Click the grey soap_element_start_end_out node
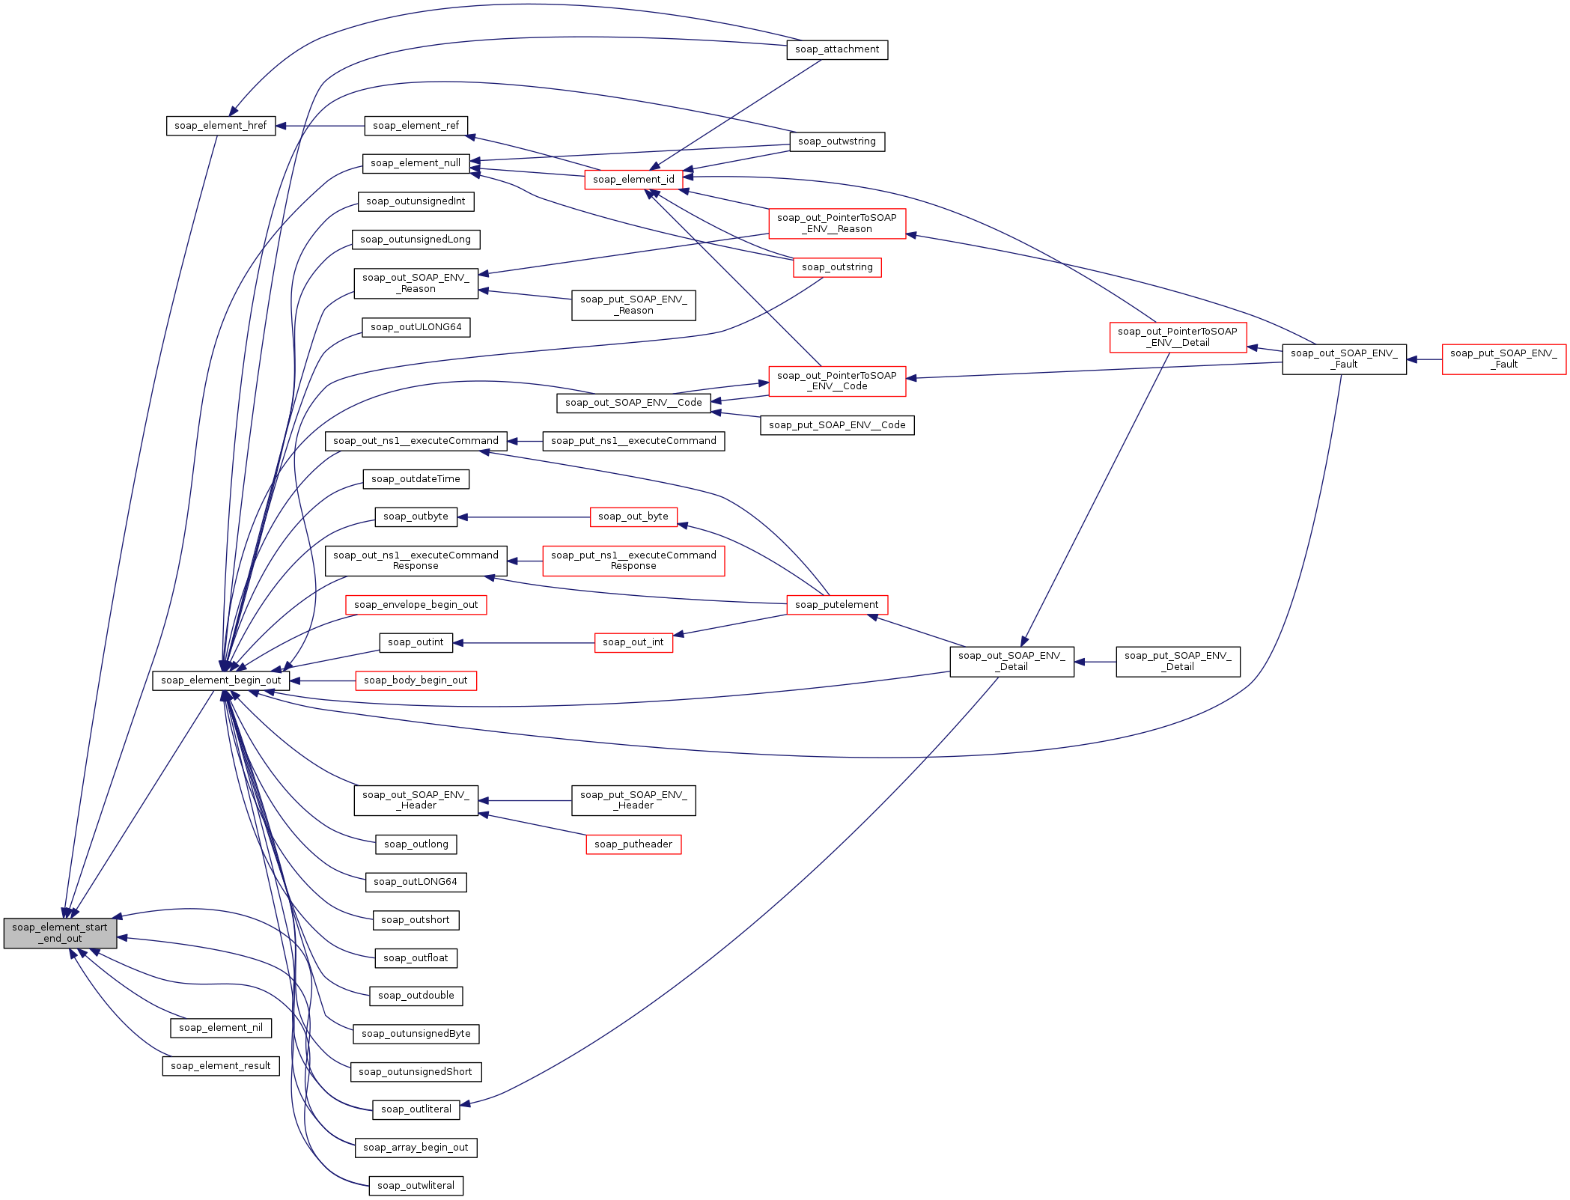pos(60,933)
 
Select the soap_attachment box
pos(837,49)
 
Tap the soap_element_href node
pos(221,126)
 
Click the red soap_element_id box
pos(633,180)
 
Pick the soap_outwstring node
pos(837,141)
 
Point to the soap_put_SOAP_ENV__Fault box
pos(1504,359)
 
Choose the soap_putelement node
pos(837,605)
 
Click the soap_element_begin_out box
pos(221,680)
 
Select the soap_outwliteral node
pos(416,1186)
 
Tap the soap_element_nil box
pos(221,1028)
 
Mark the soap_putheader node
pos(633,844)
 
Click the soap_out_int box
pos(633,642)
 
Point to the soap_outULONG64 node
pos(416,327)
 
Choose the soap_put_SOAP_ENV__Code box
pos(837,425)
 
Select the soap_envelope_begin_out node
pos(416,605)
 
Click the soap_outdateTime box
pos(416,479)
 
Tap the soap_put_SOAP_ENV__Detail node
pos(1178,662)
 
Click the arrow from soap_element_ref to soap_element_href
pos(320,126)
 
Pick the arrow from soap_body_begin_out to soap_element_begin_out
pos(323,680)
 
